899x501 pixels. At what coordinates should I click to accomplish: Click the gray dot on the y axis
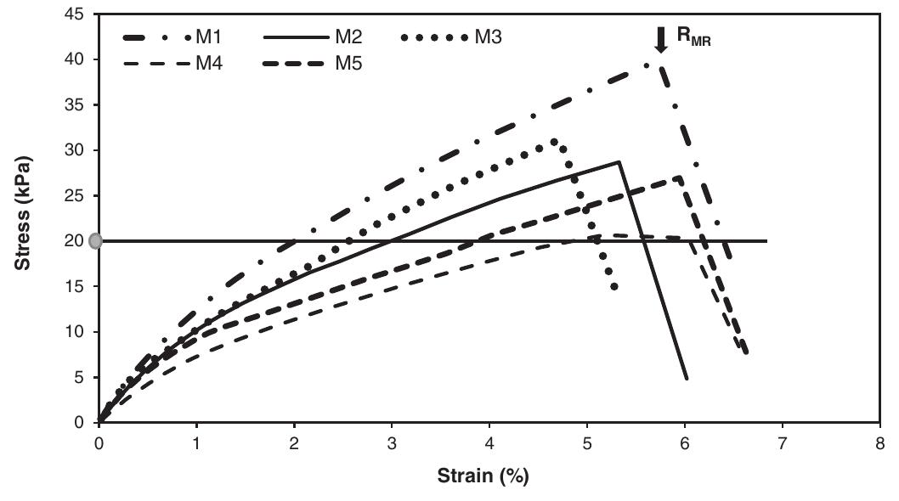[x=95, y=241]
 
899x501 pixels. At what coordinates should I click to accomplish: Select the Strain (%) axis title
[x=482, y=476]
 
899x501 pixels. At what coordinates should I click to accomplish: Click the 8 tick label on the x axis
[x=879, y=443]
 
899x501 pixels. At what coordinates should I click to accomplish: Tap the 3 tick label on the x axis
[x=392, y=443]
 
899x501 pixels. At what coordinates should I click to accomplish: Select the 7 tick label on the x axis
[x=782, y=443]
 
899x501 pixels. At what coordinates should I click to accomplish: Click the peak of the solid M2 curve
[x=619, y=161]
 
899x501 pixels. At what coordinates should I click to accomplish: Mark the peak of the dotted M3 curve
[x=554, y=141]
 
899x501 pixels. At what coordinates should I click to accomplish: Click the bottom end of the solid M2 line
[x=686, y=378]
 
